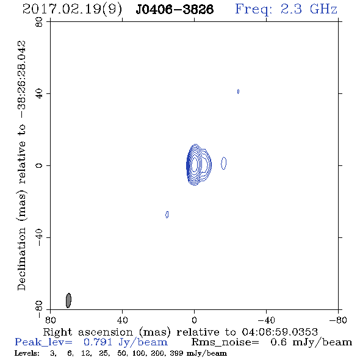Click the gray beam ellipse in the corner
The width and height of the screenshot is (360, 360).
pos(68,300)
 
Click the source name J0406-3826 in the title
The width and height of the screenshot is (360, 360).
pos(175,9)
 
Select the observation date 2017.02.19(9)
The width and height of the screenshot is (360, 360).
pos(72,10)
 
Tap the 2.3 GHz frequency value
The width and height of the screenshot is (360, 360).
pos(309,9)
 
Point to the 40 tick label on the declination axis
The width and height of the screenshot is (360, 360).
pos(39,94)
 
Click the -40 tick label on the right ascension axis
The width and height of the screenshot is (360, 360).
pos(266,320)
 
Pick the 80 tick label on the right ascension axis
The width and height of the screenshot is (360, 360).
pos(50,320)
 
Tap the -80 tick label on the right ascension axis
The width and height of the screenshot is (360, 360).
pos(338,320)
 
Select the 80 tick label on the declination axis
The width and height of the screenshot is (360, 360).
pos(39,22)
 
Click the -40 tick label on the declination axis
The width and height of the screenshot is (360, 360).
pos(39,237)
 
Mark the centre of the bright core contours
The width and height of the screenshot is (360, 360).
pos(195,164)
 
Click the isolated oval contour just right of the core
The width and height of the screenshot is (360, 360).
pos(223,164)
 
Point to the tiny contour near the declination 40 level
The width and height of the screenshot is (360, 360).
pos(238,92)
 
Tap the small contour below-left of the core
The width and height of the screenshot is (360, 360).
pos(167,214)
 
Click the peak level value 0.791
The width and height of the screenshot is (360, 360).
pos(98,342)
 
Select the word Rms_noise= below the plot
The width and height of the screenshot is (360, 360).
pos(225,342)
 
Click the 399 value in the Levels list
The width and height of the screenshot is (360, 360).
pos(176,353)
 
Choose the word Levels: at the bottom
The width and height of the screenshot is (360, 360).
pos(27,353)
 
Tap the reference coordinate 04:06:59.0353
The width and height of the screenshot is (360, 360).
pos(280,332)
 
